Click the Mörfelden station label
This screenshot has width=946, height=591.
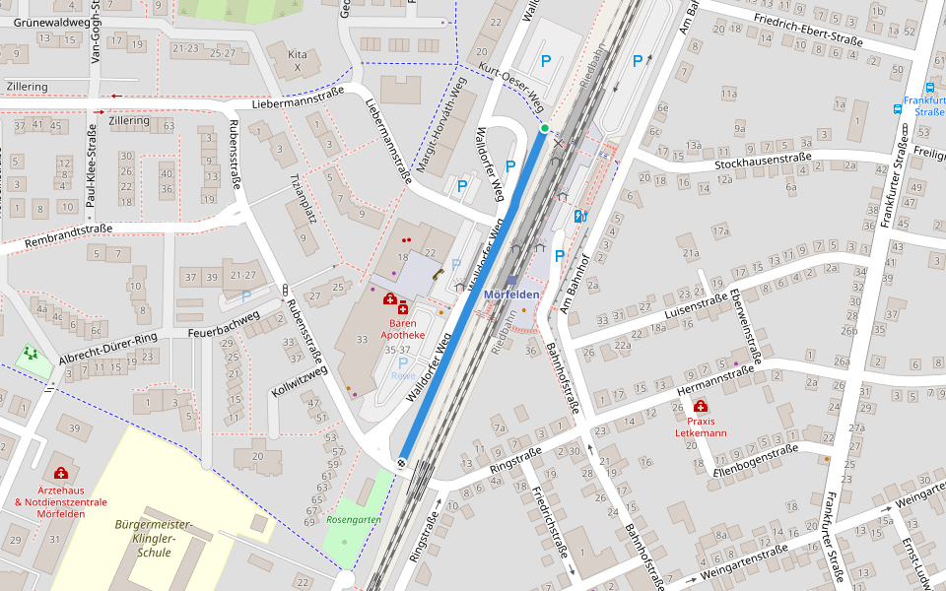[511, 295]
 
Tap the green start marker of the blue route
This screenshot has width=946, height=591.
[544, 128]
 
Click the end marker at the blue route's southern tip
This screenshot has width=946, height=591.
[402, 463]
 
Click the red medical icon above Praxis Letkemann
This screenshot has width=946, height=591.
[701, 407]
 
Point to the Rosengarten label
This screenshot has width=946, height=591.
[353, 519]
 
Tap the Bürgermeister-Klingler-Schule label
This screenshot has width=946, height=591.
[155, 538]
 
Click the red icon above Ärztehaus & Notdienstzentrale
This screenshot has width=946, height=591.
[61, 473]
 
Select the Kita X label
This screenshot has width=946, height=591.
[297, 60]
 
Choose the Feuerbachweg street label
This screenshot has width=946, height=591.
[223, 325]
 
